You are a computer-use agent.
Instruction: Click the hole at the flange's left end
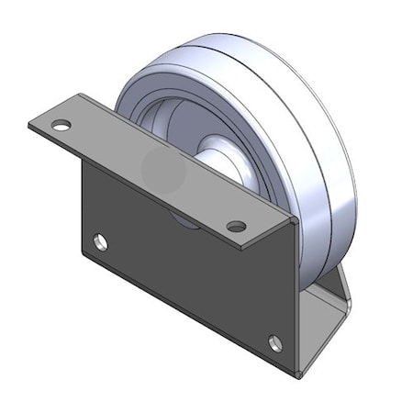tap(61, 124)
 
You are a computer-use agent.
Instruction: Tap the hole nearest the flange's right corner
tap(237, 225)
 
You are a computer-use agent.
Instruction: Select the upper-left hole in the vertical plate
tap(100, 242)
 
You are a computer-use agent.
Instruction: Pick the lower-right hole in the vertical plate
tap(275, 342)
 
